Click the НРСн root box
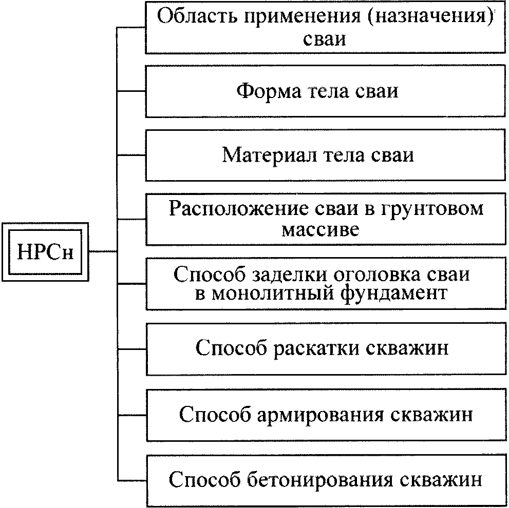point(45,252)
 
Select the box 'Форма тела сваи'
point(325,91)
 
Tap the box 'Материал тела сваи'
point(325,155)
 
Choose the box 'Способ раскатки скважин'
point(326,349)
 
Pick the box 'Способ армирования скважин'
point(326,415)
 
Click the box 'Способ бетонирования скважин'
point(326,481)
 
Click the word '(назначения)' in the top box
point(429,17)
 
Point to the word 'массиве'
point(320,230)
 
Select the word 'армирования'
point(320,416)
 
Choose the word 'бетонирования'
point(319,480)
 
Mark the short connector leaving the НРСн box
point(103,251)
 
